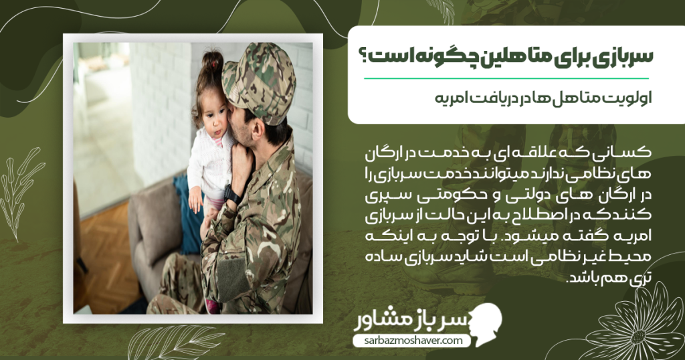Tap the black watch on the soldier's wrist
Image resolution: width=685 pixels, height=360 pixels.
coord(232,195)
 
